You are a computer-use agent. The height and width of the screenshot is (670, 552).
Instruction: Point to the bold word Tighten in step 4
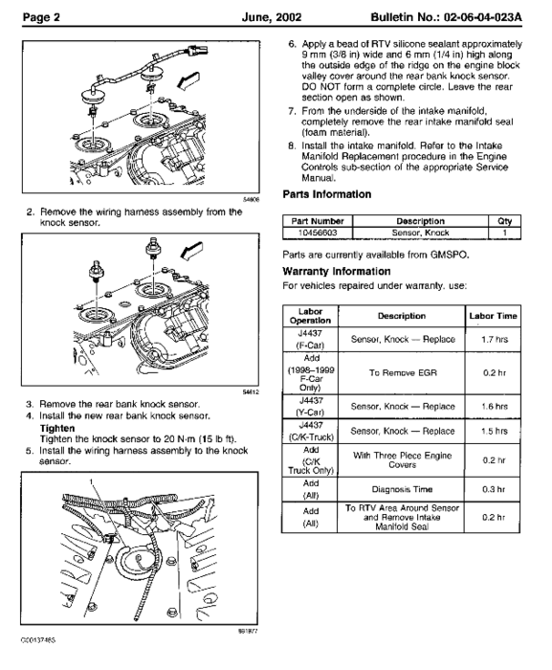point(54,430)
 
